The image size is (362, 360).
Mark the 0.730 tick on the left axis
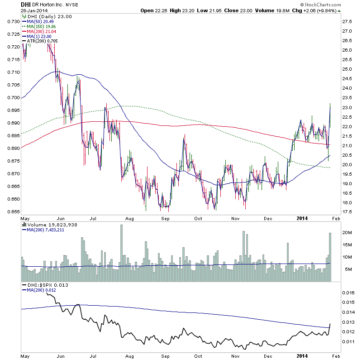(x=13, y=21)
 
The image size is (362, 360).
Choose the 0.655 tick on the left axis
(x=13, y=211)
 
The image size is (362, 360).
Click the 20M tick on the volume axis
(x=347, y=232)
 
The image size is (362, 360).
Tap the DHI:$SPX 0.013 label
(x=46, y=284)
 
